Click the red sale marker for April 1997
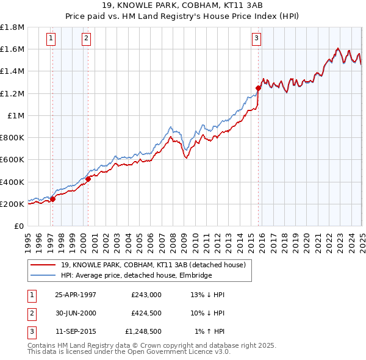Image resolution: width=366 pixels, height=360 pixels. pyautogui.click(x=53, y=199)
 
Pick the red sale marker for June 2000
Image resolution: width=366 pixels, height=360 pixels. pyautogui.click(x=88, y=179)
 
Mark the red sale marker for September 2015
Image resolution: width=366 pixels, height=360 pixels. pyautogui.click(x=258, y=88)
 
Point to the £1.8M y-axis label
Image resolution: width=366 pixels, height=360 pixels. pyautogui.click(x=12, y=27)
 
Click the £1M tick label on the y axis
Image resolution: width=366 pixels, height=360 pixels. pyautogui.click(x=16, y=115)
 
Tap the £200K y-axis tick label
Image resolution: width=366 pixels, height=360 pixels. pyautogui.click(x=12, y=204)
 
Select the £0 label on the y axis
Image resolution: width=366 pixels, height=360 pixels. pyautogui.click(x=19, y=226)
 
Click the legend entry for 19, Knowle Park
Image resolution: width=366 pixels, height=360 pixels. pyautogui.click(x=152, y=265)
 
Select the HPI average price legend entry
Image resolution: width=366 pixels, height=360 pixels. pyautogui.click(x=135, y=275)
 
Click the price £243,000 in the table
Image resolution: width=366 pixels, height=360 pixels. pyautogui.click(x=146, y=295)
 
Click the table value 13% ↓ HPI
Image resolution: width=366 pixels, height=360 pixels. pyautogui.click(x=208, y=295)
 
